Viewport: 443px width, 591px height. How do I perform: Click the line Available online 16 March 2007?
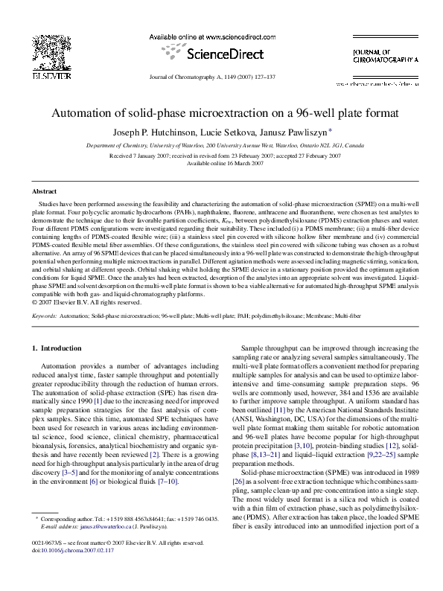pyautogui.click(x=221, y=162)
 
